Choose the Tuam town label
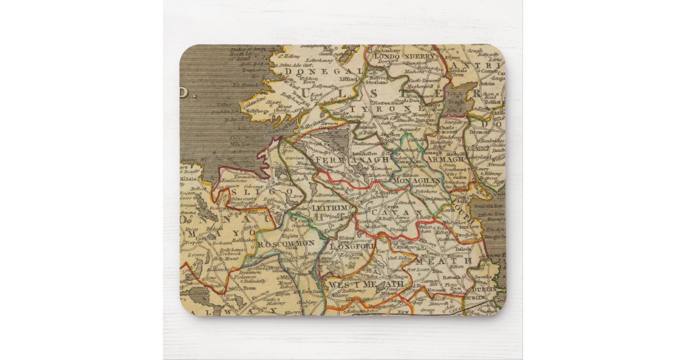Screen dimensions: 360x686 pos(248,288)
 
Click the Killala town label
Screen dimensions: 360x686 pos(188,179)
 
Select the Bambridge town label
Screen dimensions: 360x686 pos(489,140)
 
